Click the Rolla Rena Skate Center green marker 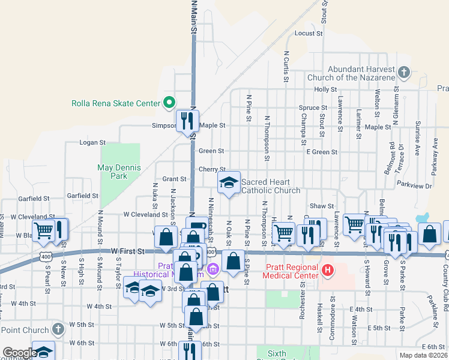[x=169, y=103]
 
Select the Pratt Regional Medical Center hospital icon [x=327, y=271]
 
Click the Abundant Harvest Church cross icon [x=404, y=73]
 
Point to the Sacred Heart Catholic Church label [x=270, y=186]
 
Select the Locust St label [x=309, y=34]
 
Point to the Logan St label [x=93, y=143]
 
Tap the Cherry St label [x=212, y=170]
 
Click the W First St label [x=128, y=251]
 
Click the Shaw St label [x=322, y=206]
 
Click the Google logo [x=19, y=353]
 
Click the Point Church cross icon [x=58, y=329]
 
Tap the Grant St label [x=175, y=179]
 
